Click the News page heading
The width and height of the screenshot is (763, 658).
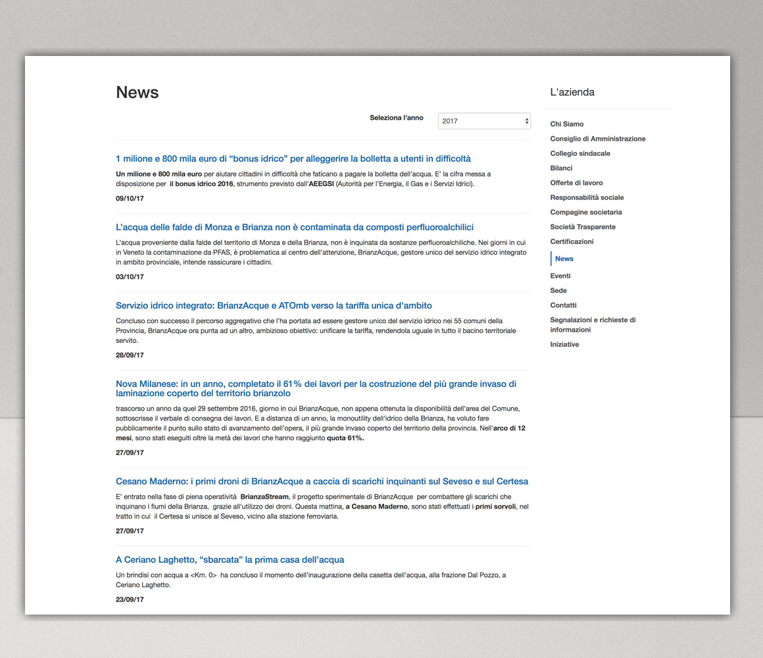(x=137, y=93)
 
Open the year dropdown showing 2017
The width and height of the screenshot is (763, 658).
(x=484, y=121)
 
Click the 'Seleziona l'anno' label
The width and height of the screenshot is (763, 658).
(x=396, y=118)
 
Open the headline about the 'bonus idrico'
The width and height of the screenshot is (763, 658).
(x=293, y=159)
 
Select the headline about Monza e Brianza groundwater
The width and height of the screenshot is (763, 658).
(x=295, y=227)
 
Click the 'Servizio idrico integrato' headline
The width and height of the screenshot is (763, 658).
(x=274, y=305)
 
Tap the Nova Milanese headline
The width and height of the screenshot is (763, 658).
(x=316, y=388)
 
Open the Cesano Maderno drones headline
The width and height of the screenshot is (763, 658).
(x=322, y=481)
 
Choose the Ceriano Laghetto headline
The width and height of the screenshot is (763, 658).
(x=230, y=559)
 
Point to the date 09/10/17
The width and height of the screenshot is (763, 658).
(x=130, y=198)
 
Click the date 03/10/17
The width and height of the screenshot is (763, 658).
(x=130, y=277)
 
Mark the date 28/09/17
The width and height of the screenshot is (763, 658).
(x=130, y=355)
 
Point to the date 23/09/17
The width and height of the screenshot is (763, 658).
(x=130, y=599)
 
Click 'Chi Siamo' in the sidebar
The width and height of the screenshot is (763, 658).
(x=567, y=124)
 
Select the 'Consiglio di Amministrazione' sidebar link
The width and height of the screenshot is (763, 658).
(x=598, y=139)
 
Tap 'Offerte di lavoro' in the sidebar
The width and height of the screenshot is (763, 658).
(x=576, y=183)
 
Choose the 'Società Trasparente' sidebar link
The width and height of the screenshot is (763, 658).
(x=583, y=227)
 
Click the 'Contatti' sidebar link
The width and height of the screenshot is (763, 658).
(x=563, y=305)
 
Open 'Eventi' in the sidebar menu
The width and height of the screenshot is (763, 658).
(x=560, y=276)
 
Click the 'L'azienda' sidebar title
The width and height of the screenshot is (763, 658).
(x=572, y=92)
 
